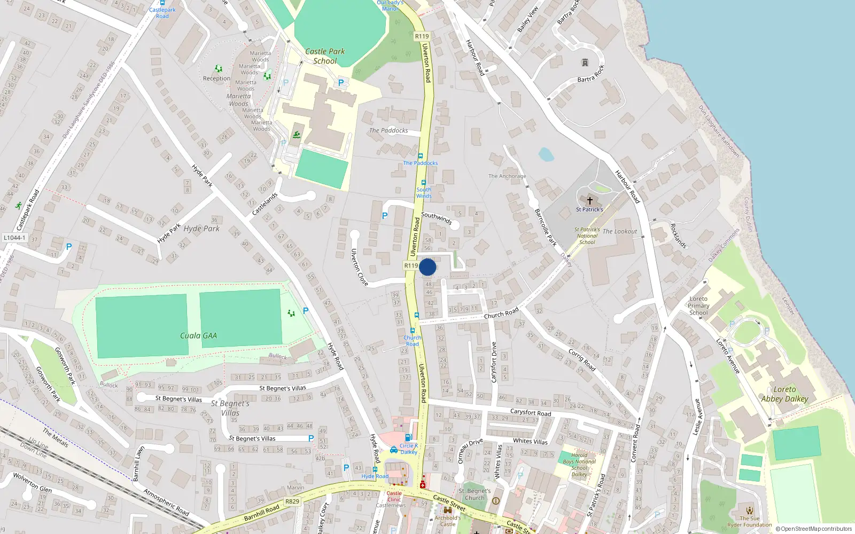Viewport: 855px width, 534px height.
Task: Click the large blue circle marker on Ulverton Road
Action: (428, 267)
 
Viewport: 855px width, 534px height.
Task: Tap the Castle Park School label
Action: (325, 56)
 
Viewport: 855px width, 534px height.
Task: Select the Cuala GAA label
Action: (198, 335)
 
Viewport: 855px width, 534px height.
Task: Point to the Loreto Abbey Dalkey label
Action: (784, 394)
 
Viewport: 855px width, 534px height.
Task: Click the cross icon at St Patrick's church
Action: (589, 201)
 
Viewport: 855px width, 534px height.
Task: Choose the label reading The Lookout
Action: (620, 231)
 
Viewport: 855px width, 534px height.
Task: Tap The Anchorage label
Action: (507, 176)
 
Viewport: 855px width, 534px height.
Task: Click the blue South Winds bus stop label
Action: (424, 193)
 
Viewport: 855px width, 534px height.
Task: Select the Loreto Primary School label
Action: (698, 306)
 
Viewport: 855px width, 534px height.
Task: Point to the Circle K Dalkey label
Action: (409, 449)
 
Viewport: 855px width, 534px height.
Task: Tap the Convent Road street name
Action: (635, 443)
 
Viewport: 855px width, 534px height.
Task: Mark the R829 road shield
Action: (292, 501)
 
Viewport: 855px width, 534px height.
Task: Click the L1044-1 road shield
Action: (14, 238)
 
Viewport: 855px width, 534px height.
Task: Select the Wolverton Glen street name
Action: (33, 483)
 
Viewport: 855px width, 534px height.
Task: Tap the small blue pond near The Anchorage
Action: (546, 154)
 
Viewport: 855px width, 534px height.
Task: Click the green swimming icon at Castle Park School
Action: (297, 135)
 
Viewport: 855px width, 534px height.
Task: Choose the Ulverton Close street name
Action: (359, 267)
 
